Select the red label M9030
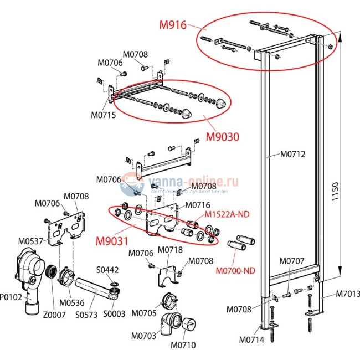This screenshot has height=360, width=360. coord(223,136)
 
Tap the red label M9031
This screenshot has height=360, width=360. coord(112,241)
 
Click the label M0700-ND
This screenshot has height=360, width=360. coord(235,271)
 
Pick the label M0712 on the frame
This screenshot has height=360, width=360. coord(292,154)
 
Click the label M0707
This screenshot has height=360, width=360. coord(291,261)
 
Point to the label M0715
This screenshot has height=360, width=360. coord(103,115)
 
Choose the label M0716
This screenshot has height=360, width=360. coord(197,205)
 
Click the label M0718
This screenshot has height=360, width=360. coord(171,250)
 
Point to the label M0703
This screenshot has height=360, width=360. coord(143,336)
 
